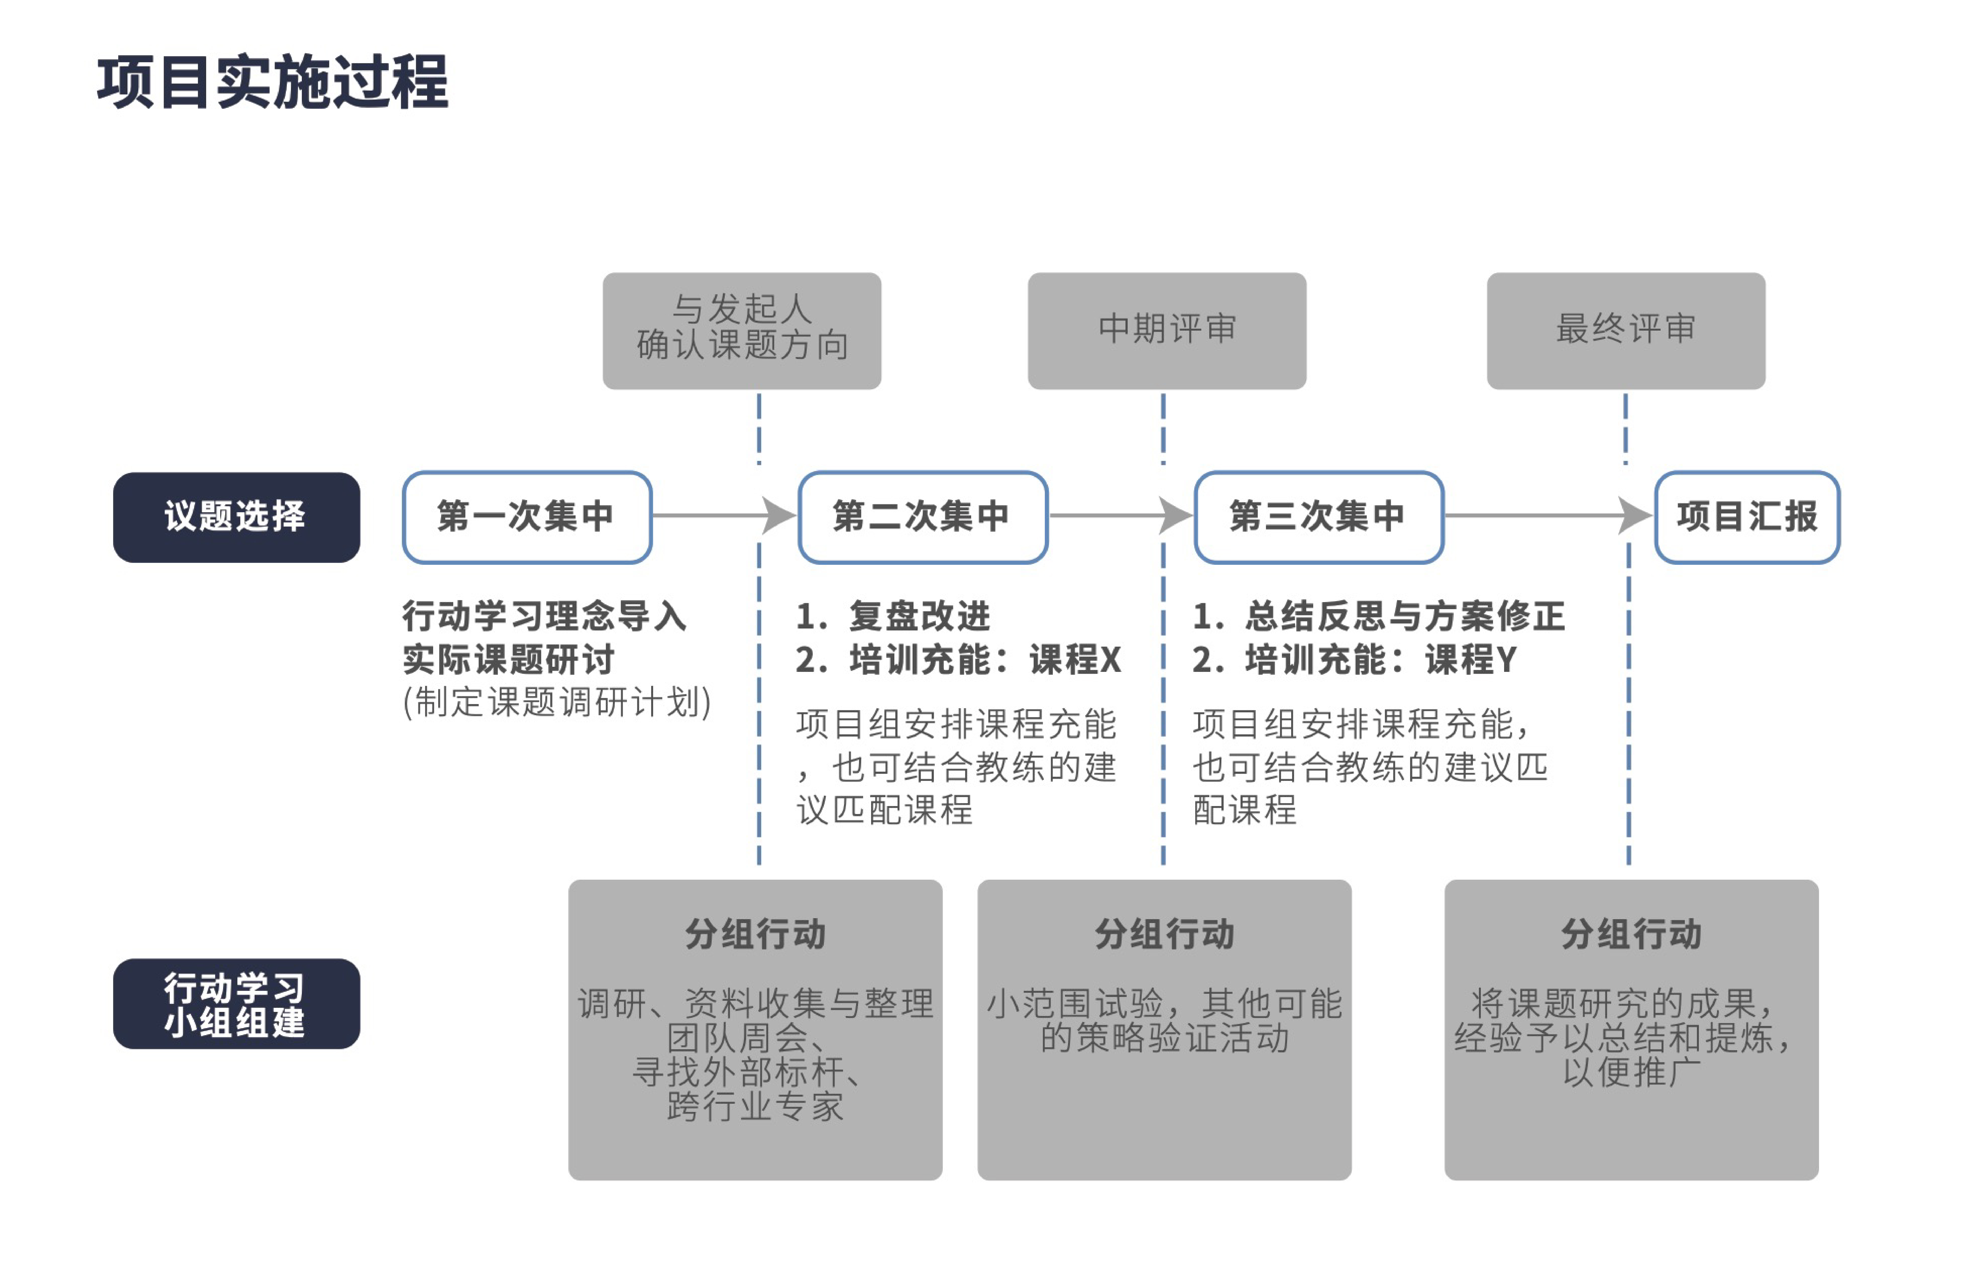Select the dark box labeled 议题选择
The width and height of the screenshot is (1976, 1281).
(x=237, y=517)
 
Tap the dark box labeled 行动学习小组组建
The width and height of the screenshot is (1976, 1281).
(x=237, y=1004)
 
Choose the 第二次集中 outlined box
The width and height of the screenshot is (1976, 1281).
(x=922, y=517)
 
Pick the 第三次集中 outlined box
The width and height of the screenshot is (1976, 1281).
(x=1319, y=517)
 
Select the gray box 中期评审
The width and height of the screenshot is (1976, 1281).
(x=1166, y=330)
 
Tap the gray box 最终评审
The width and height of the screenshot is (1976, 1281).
(x=1626, y=330)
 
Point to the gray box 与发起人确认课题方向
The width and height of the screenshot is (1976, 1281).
(x=742, y=330)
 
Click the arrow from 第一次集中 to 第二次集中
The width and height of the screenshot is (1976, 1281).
(x=724, y=516)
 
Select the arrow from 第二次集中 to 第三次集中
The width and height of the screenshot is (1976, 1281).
(x=1121, y=516)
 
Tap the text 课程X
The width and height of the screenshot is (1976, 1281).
(x=1075, y=660)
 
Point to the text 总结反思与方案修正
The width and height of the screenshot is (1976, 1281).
(x=1405, y=616)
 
